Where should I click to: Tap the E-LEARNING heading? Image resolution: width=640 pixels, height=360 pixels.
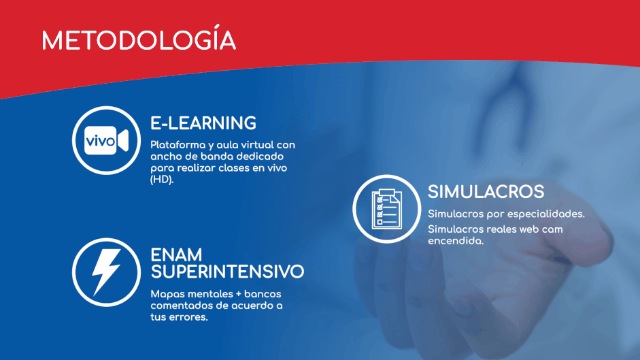point(203,123)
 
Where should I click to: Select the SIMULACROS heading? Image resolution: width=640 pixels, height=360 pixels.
point(486,192)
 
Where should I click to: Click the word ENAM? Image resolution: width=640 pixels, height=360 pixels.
point(176,255)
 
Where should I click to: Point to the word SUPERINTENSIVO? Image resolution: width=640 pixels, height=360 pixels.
point(227,272)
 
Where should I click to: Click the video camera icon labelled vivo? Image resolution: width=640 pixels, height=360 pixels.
point(106,141)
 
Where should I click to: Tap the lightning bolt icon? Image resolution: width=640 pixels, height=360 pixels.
point(106,272)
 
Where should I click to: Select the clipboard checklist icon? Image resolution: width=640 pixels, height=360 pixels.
point(386,209)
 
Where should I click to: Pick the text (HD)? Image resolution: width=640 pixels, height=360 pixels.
point(162,180)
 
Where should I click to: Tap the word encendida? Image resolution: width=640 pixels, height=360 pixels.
point(456,241)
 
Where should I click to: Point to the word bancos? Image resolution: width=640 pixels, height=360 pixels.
point(263,294)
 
